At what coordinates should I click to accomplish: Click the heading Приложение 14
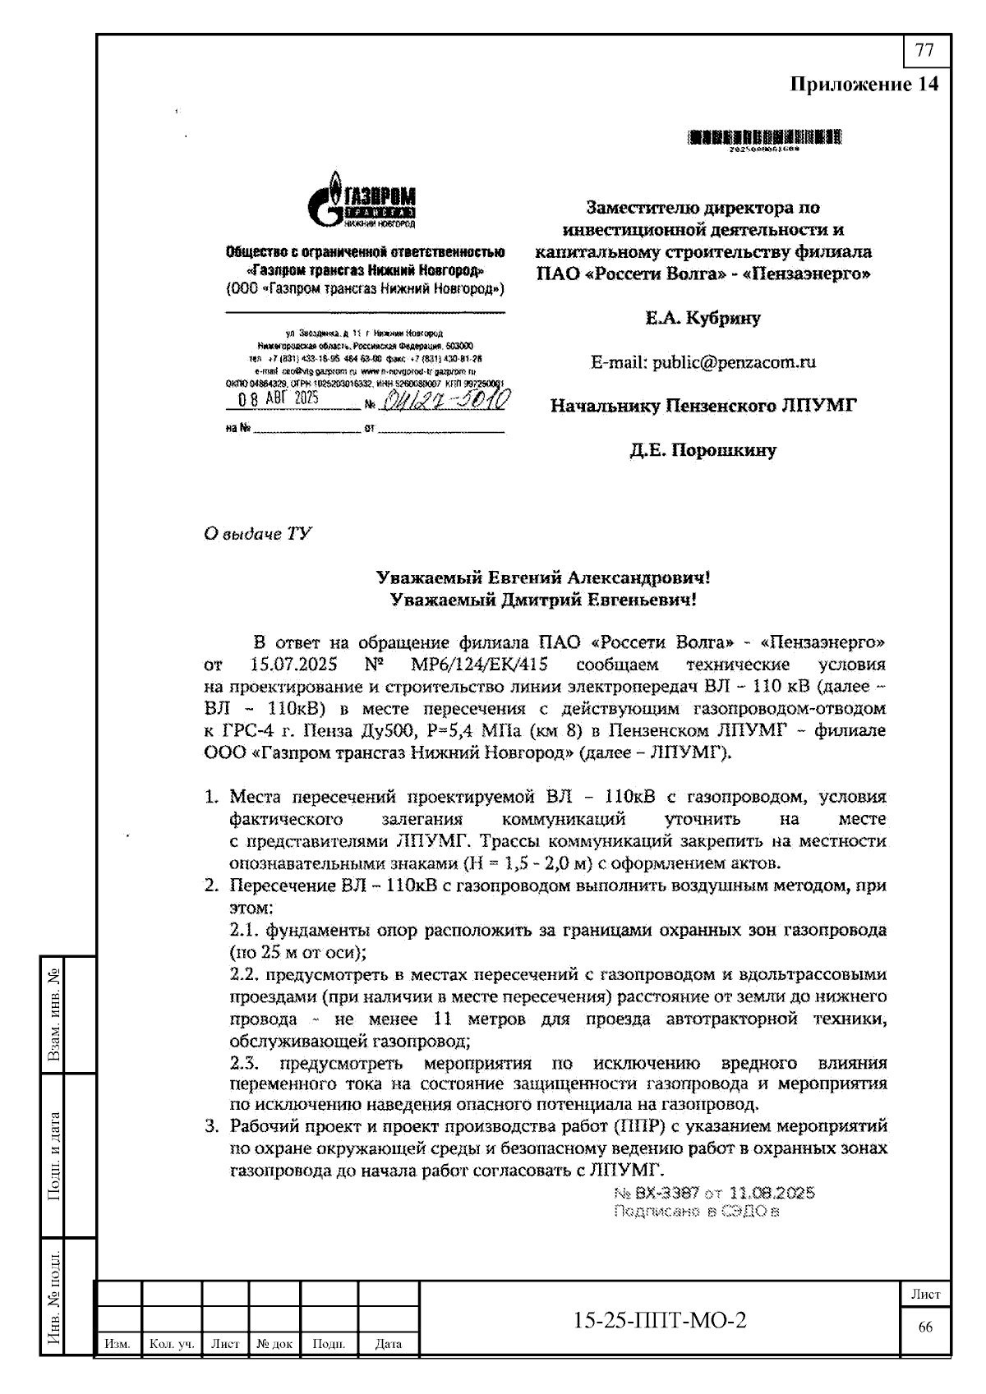(x=863, y=85)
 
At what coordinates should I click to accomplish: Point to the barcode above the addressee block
(x=765, y=138)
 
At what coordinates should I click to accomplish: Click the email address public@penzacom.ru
(x=703, y=361)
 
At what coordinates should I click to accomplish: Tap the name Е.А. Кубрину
(x=703, y=318)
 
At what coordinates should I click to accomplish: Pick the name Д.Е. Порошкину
(x=703, y=450)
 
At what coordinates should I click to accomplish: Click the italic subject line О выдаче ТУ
(x=257, y=534)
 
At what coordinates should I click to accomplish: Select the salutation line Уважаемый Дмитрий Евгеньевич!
(x=543, y=600)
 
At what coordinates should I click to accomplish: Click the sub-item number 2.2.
(x=245, y=975)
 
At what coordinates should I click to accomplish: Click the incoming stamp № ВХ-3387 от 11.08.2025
(x=714, y=1193)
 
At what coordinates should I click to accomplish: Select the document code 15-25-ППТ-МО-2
(x=660, y=1320)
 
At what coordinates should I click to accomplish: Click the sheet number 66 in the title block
(x=925, y=1328)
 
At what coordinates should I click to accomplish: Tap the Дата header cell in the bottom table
(x=388, y=1344)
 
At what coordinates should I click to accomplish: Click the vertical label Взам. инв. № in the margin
(x=55, y=1015)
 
